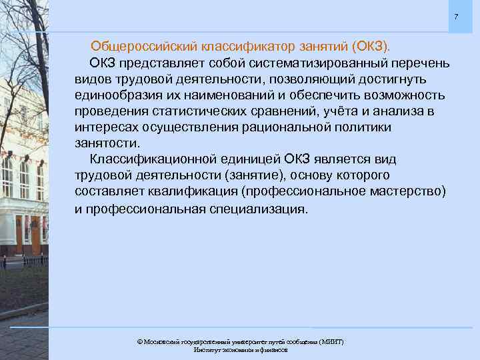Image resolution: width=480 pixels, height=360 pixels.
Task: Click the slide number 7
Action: pyautogui.click(x=456, y=16)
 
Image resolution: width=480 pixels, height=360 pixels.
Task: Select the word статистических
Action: pyautogui.click(x=191, y=111)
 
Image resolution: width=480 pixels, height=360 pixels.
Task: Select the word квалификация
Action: pyautogui.click(x=201, y=192)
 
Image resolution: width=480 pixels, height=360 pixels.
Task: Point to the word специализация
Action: pyautogui.click(x=252, y=209)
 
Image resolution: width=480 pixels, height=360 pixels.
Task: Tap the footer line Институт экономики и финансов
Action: pyautogui.click(x=240, y=349)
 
